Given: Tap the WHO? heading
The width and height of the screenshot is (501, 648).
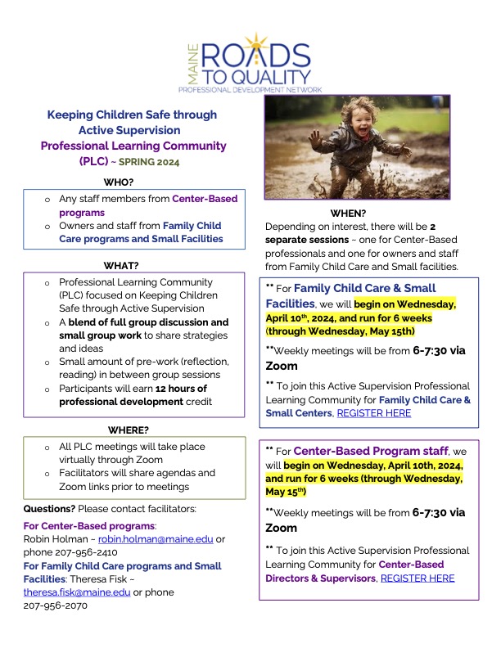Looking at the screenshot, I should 120,182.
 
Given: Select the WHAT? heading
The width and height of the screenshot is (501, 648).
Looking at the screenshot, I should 120,265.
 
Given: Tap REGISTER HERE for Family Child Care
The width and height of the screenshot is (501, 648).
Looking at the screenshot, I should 373,413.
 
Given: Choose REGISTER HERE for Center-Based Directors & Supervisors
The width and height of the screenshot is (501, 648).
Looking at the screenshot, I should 417,578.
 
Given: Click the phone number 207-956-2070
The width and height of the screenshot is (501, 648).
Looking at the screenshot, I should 55,605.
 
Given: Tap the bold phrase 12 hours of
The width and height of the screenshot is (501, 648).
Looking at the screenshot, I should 176,388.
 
